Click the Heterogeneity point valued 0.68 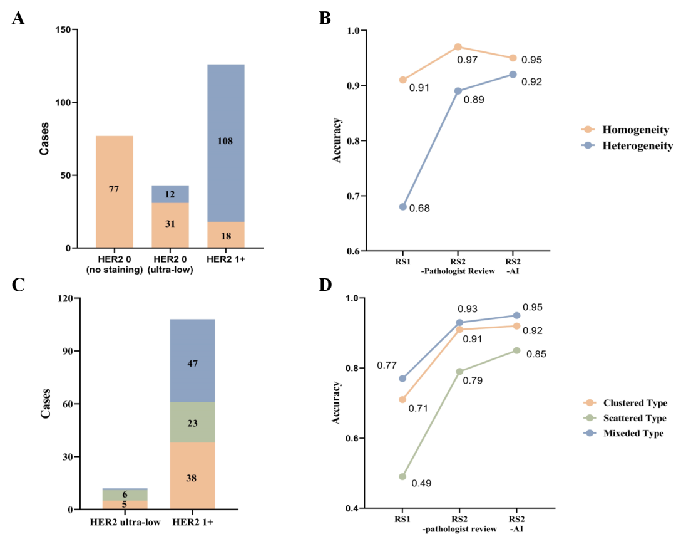(x=403, y=207)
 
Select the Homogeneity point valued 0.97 (x=458, y=47)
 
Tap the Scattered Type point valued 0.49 (x=403, y=476)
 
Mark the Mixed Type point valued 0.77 (x=403, y=379)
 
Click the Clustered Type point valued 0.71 (x=403, y=399)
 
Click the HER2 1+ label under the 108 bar (x=225, y=260)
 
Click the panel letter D (x=325, y=285)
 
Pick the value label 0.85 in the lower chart (x=536, y=354)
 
